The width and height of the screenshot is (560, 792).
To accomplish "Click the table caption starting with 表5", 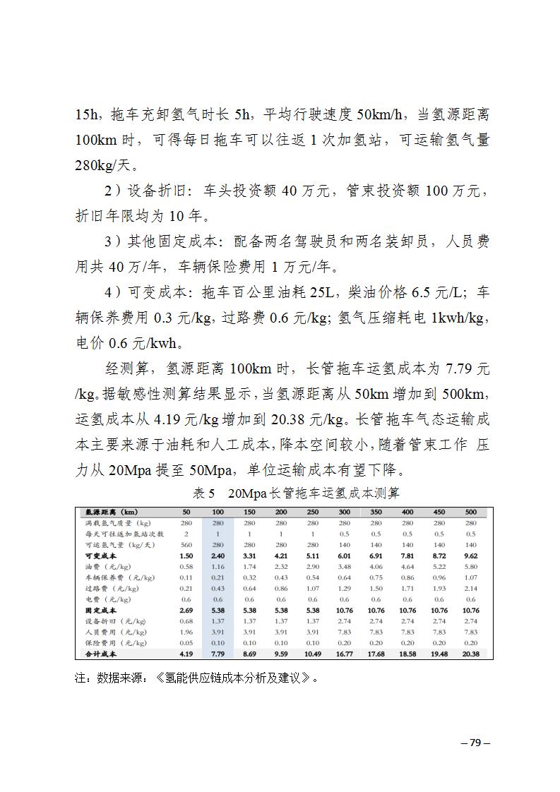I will pyautogui.click(x=296, y=492).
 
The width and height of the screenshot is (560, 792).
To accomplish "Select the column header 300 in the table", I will pyautogui.click(x=344, y=512).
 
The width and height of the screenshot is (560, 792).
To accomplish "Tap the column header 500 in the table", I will pyautogui.click(x=471, y=512).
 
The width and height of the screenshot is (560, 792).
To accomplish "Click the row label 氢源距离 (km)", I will pyautogui.click(x=112, y=512).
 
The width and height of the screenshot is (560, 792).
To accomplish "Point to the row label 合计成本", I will pyautogui.click(x=100, y=654).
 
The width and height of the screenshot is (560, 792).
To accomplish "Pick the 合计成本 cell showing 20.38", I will pyautogui.click(x=470, y=654).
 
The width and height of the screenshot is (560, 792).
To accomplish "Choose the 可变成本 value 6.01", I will pyautogui.click(x=344, y=556).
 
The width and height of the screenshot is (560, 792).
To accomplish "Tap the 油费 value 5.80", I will pyautogui.click(x=471, y=567).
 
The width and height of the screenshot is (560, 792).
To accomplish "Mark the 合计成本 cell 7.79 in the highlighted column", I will pyautogui.click(x=218, y=654).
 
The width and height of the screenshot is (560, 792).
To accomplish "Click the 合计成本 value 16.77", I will pyautogui.click(x=344, y=654).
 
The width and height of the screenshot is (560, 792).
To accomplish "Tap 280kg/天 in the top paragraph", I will pyautogui.click(x=106, y=167).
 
